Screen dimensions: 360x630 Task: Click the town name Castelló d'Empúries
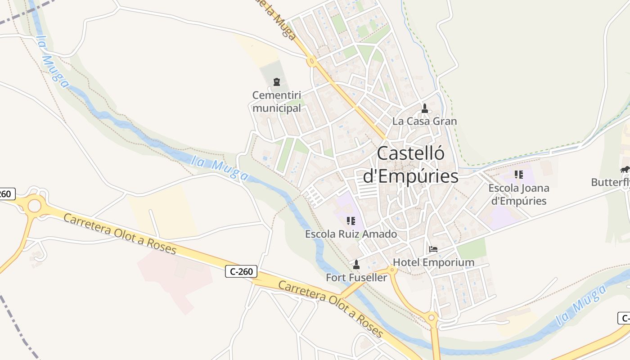tap(410, 165)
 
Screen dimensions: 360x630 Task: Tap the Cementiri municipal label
tap(277, 102)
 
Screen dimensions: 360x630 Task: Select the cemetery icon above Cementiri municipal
tap(277, 82)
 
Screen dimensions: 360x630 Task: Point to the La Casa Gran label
tap(424, 121)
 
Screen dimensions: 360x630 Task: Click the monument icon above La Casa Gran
tap(424, 108)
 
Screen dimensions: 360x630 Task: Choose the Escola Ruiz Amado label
tap(351, 234)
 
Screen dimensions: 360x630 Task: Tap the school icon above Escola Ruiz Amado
tap(351, 221)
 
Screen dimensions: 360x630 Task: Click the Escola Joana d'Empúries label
tap(519, 194)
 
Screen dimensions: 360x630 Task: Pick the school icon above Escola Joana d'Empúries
tap(519, 174)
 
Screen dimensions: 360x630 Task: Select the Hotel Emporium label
tap(433, 262)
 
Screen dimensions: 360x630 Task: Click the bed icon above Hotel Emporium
tap(433, 249)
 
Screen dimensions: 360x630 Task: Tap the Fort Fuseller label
tap(356, 278)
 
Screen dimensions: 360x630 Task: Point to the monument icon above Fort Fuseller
tap(356, 264)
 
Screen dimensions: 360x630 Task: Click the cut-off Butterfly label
tap(610, 182)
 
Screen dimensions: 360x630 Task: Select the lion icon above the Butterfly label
tap(625, 170)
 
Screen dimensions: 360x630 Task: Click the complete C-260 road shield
tap(241, 271)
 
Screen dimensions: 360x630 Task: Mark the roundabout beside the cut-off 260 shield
tap(34, 206)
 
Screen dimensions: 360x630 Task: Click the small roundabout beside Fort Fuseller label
tap(392, 270)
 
